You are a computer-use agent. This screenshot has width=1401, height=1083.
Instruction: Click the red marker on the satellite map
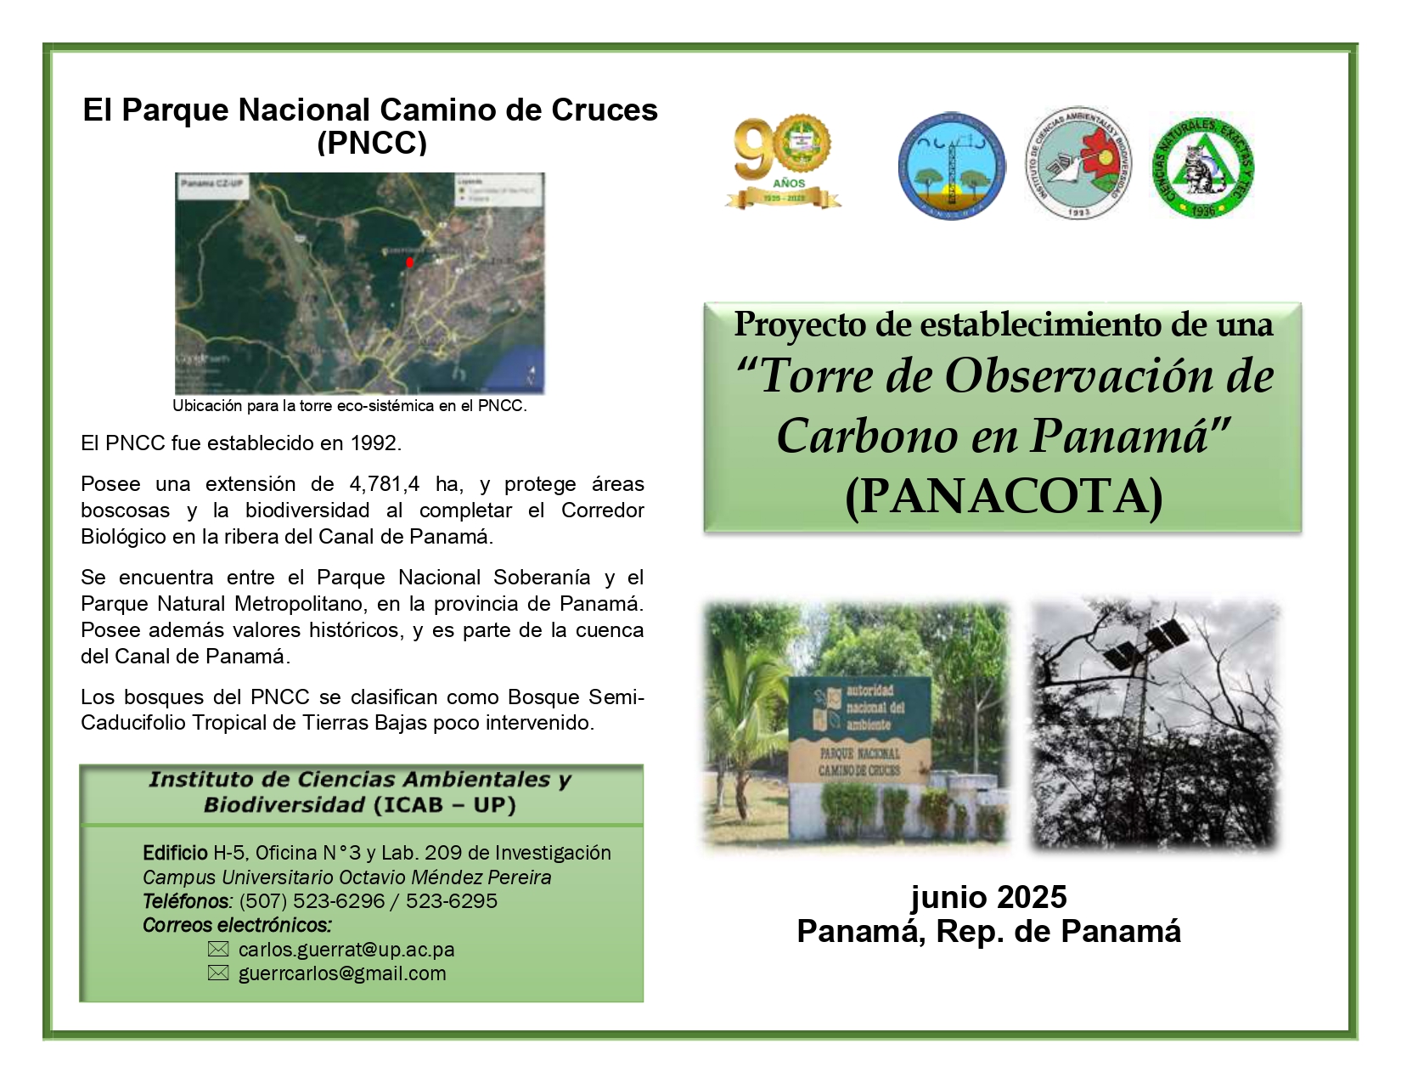409,262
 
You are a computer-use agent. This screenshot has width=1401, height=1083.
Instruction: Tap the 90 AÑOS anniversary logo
783,162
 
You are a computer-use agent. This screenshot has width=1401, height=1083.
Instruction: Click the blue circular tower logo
951,166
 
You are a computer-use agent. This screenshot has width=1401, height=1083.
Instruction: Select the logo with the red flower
1077,164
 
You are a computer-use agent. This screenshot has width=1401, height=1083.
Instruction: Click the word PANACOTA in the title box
1004,497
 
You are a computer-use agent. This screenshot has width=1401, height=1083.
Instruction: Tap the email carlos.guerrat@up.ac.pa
346,950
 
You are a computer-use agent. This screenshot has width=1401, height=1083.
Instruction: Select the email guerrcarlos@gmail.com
342,973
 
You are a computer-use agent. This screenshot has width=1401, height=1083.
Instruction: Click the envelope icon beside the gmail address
218,973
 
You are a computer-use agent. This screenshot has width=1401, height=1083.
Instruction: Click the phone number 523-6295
451,901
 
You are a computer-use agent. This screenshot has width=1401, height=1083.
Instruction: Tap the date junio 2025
988,897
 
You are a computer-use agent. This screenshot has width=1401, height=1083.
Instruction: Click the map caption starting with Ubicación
350,406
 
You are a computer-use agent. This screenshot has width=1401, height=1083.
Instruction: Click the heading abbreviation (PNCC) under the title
371,143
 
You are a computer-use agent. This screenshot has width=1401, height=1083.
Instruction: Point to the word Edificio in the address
175,853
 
